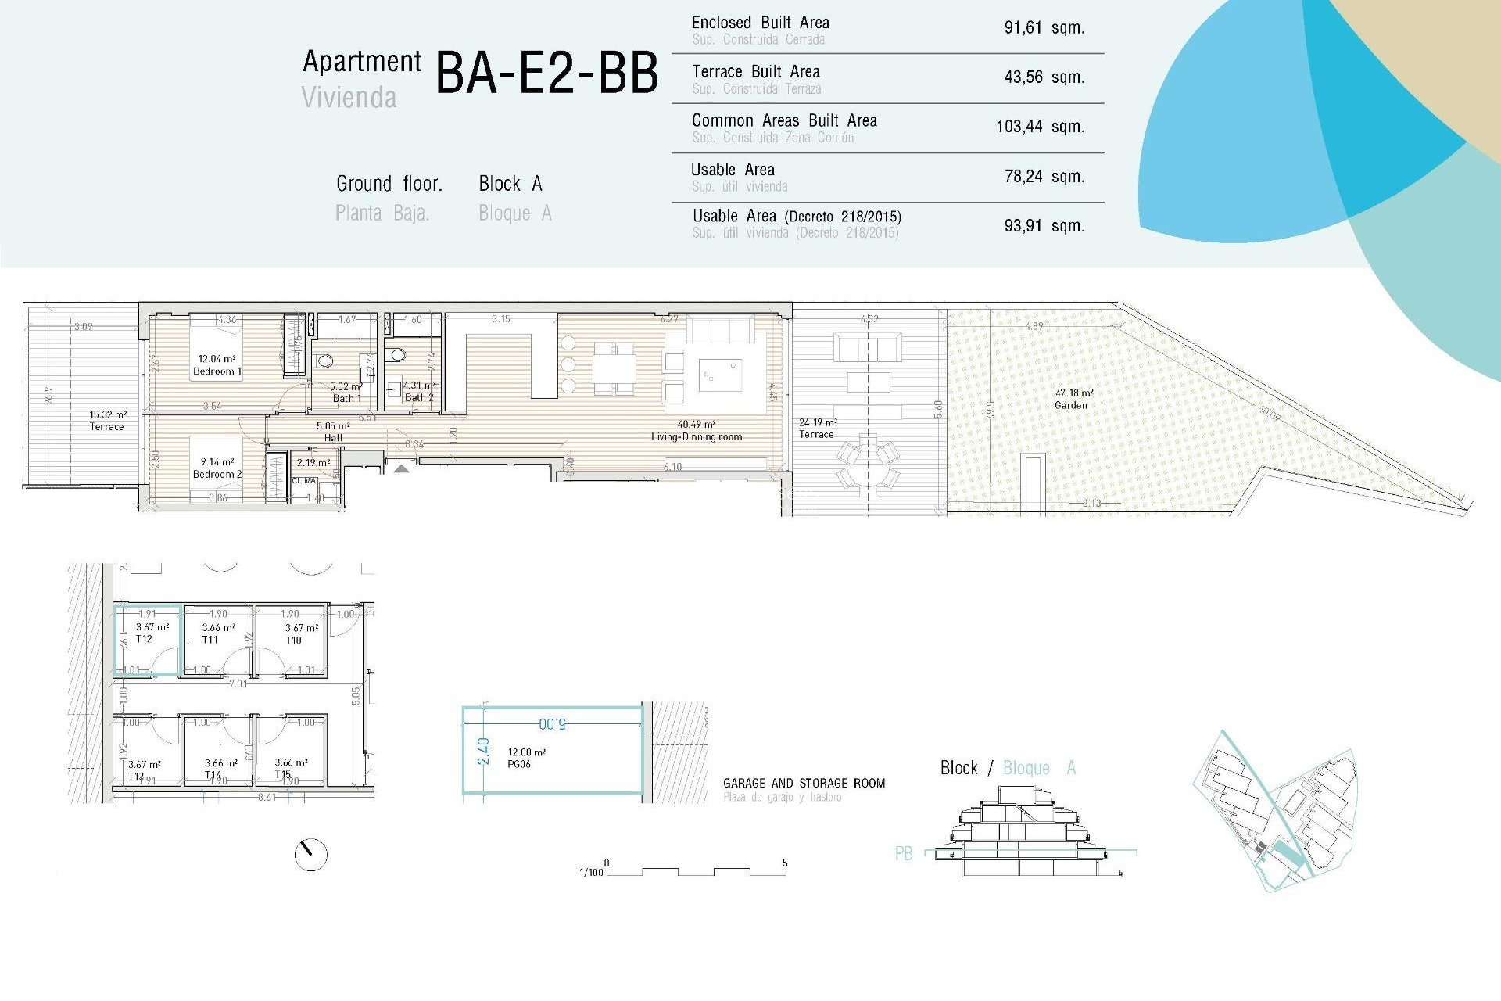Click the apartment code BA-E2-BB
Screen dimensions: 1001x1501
pyautogui.click(x=546, y=74)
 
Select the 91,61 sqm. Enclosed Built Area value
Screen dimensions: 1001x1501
pyautogui.click(x=1044, y=28)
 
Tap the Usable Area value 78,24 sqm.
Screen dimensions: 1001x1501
pyautogui.click(x=1044, y=177)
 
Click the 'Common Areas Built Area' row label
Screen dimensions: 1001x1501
pyautogui.click(x=784, y=121)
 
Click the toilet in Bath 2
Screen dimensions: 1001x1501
pyautogui.click(x=397, y=355)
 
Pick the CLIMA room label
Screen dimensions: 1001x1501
pyautogui.click(x=304, y=481)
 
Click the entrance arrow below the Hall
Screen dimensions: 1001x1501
pyautogui.click(x=401, y=468)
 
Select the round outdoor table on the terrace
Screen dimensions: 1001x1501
pyautogui.click(x=868, y=464)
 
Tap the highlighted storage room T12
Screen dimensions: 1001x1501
pyautogui.click(x=148, y=640)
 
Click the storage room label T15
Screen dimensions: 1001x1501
pyautogui.click(x=283, y=774)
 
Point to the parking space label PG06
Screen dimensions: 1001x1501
pyautogui.click(x=519, y=764)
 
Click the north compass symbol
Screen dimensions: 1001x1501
pyautogui.click(x=310, y=854)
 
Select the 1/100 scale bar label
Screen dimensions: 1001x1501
pyautogui.click(x=590, y=872)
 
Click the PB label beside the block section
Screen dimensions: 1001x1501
pyautogui.click(x=904, y=854)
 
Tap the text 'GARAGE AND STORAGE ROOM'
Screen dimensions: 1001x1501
pyautogui.click(x=804, y=783)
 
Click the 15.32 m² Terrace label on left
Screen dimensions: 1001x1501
pyautogui.click(x=107, y=421)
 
